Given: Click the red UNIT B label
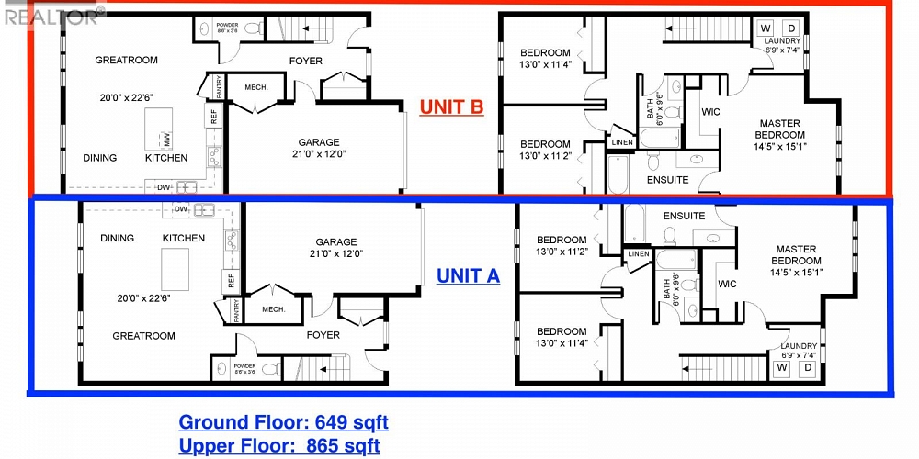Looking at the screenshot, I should click(451, 107).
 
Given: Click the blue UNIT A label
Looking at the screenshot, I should click(468, 275).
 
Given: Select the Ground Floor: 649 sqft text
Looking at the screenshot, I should click(283, 422).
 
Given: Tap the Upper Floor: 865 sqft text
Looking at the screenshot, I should click(278, 446).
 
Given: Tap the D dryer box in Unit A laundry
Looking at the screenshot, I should click(808, 368).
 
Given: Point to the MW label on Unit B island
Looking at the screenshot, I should click(167, 140).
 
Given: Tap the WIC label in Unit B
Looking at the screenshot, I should click(709, 112).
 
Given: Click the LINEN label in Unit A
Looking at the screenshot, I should click(638, 254).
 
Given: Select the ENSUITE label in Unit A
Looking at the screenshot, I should click(685, 216).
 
